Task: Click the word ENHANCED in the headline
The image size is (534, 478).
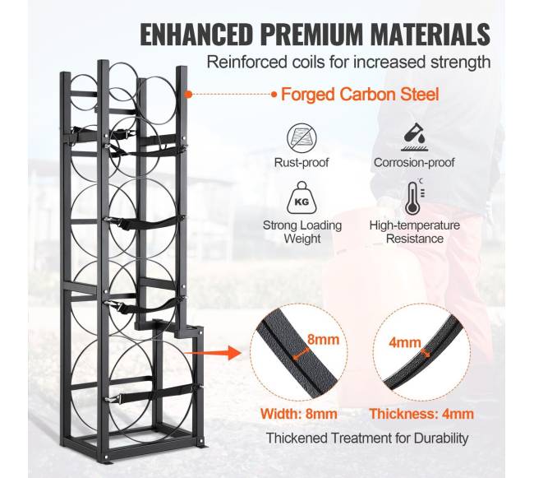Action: [197, 34]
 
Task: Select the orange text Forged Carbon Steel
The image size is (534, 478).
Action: [360, 94]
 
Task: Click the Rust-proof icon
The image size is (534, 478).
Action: [302, 139]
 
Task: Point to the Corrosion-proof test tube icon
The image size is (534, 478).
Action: [414, 137]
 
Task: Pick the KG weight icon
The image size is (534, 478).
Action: [302, 198]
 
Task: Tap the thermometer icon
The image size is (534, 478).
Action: [414, 197]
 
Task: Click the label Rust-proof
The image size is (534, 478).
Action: [302, 163]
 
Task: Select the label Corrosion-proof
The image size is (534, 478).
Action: [414, 163]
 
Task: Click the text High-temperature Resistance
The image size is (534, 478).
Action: [414, 232]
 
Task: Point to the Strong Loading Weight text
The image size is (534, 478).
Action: [302, 232]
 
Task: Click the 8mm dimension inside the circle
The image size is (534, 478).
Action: [323, 340]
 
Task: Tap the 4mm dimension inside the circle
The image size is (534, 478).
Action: [405, 342]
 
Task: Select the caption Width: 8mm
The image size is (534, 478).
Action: [299, 414]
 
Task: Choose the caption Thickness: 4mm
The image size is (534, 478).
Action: [421, 414]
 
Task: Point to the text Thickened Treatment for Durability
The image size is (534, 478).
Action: [367, 438]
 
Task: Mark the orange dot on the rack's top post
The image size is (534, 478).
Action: [187, 94]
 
